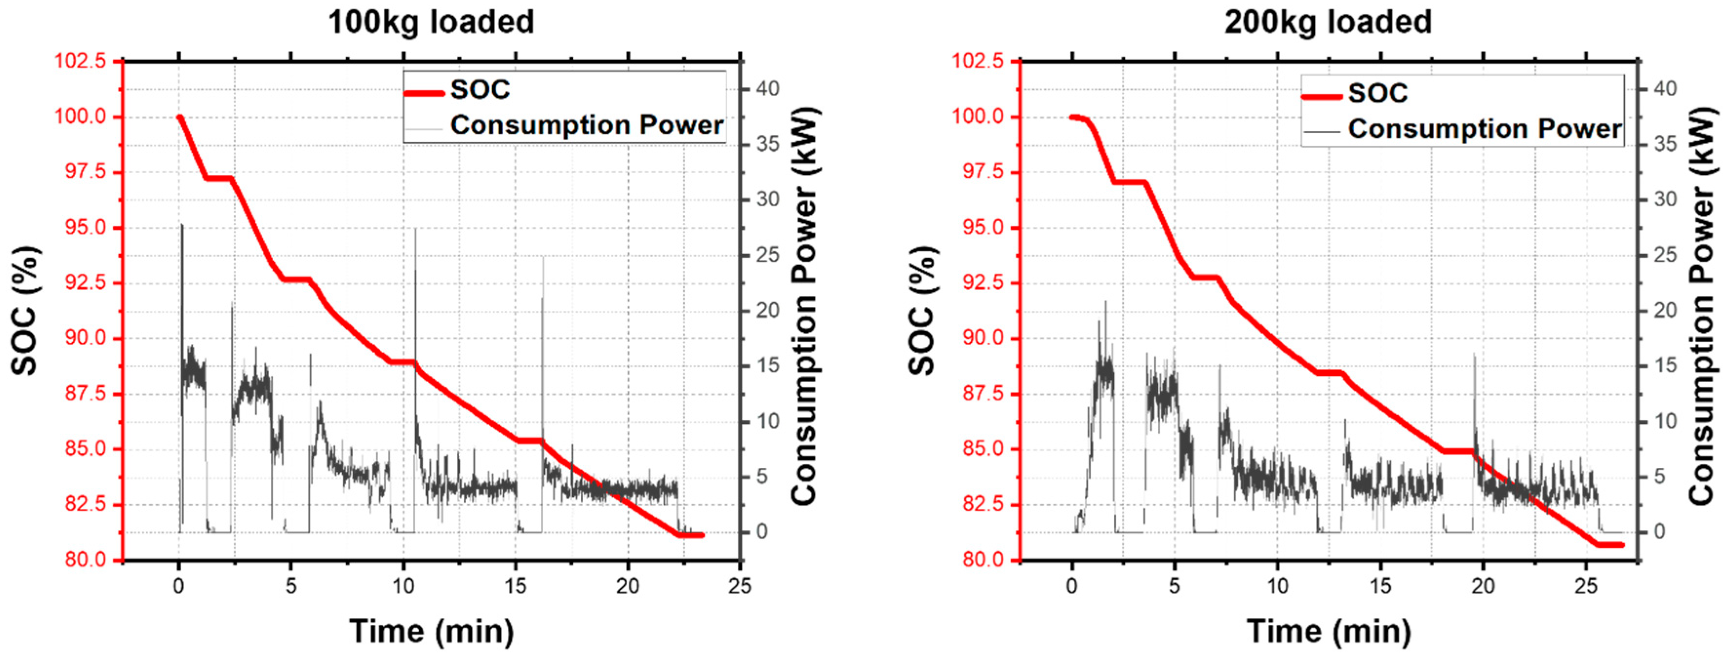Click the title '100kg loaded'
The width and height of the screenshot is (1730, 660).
431,21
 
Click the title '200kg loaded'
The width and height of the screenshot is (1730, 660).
1328,21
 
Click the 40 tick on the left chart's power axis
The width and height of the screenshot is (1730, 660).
768,89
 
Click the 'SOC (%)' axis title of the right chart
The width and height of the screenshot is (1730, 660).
923,311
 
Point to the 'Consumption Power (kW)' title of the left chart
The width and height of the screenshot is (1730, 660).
804,306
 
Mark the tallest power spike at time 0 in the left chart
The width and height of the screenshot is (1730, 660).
181,226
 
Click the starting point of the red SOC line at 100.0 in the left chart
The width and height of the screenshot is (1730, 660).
179,118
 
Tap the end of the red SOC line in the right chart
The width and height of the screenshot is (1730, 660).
1622,544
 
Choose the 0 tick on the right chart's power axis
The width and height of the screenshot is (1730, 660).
1659,532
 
